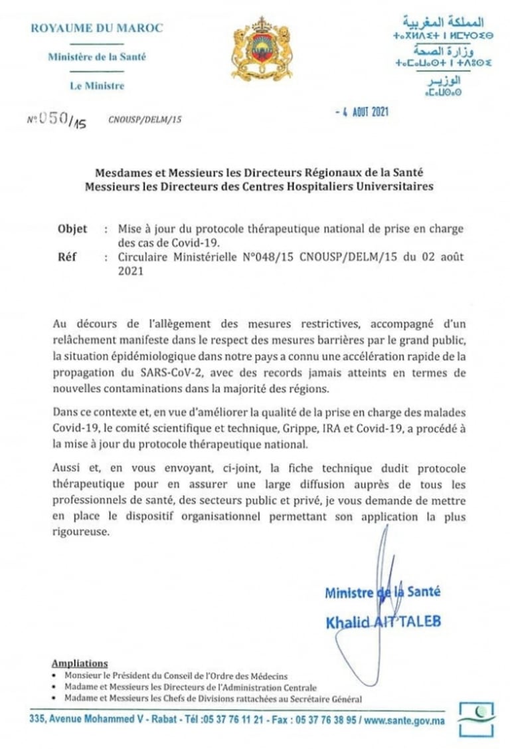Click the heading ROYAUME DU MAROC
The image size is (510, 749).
97,29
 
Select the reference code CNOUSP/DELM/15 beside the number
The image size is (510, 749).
145,120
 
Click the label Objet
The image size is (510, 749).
72,229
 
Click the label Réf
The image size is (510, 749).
68,254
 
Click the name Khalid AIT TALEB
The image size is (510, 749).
382,621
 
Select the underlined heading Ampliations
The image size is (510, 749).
79,663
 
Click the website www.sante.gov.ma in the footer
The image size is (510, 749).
405,720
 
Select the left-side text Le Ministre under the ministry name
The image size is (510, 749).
97,85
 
